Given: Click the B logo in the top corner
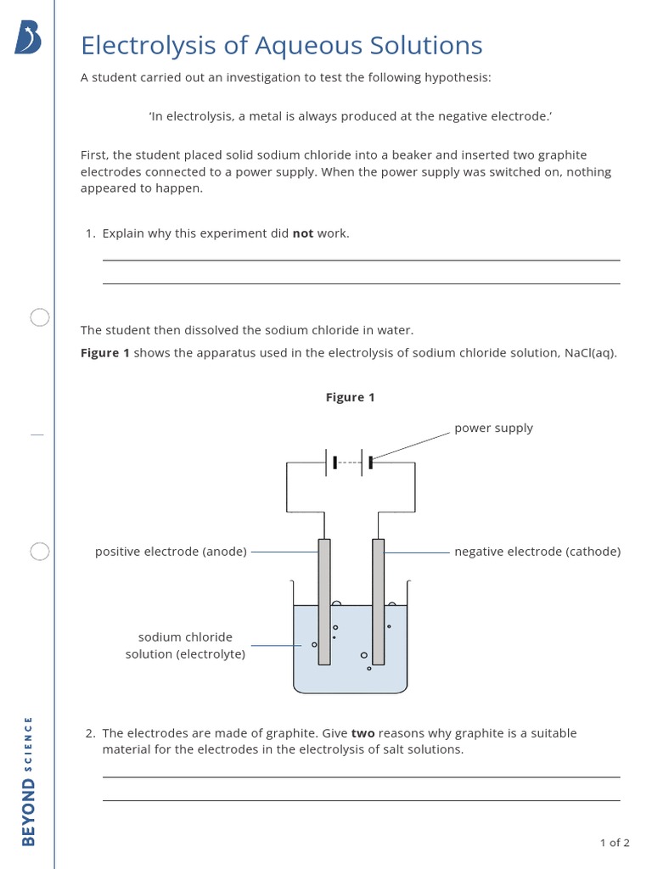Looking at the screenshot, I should click(28, 37).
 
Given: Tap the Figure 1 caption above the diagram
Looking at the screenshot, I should click(350, 397).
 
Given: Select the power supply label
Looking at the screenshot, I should click(493, 428).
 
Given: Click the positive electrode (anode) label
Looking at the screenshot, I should click(171, 552).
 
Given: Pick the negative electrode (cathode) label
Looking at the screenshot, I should click(537, 552).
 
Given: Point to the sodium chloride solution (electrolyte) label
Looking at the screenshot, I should click(185, 646).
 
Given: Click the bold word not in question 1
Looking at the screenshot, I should click(302, 233).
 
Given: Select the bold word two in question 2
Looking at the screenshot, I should click(363, 733).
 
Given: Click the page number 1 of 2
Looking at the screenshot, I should click(615, 843).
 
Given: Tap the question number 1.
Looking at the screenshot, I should click(90, 233).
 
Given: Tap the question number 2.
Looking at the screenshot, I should click(90, 733).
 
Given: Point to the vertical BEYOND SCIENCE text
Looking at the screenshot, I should click(29, 781).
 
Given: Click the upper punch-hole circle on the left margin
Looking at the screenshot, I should click(40, 317).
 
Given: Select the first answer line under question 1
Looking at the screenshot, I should click(361, 260).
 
